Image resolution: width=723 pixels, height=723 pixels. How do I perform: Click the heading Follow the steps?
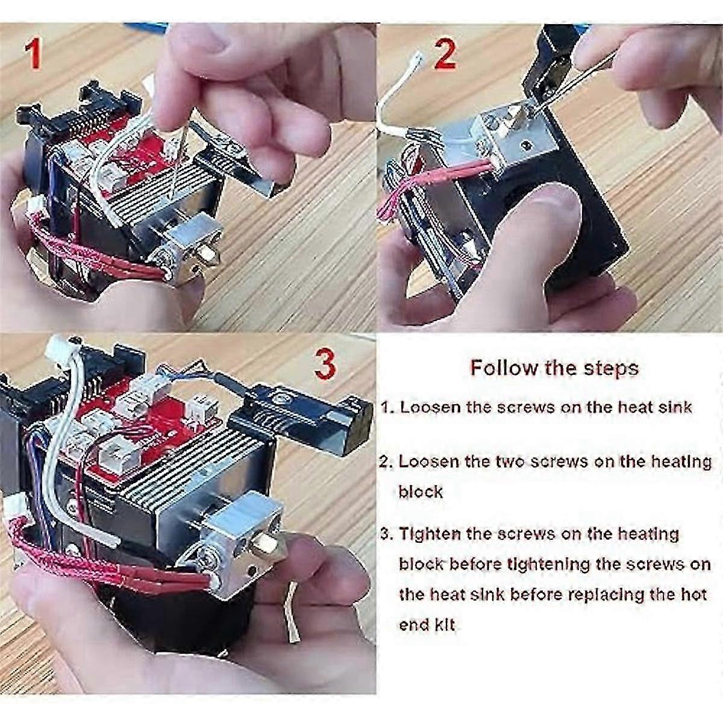554,368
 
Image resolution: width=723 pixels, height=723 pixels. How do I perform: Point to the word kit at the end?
443,625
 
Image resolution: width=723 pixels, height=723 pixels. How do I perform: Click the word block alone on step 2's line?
420,492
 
